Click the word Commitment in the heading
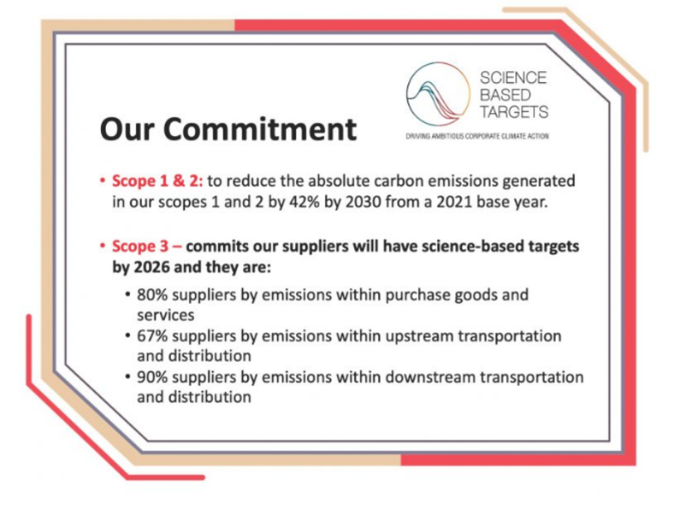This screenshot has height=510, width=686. click(260, 129)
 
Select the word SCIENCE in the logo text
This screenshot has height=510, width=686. click(513, 78)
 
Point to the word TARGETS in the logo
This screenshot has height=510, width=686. click(514, 111)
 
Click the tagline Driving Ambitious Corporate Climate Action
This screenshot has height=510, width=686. click(477, 136)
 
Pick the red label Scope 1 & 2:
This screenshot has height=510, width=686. click(157, 181)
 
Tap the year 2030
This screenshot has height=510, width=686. click(364, 202)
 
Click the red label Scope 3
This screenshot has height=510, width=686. click(140, 246)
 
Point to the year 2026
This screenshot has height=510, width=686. click(151, 267)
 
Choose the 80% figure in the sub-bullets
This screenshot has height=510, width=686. click(152, 294)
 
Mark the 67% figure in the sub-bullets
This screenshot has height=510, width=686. click(152, 335)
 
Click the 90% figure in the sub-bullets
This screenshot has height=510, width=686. click(152, 377)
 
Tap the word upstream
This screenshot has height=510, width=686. click(417, 336)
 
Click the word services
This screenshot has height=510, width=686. click(166, 315)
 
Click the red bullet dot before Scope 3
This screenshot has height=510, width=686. click(103, 246)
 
